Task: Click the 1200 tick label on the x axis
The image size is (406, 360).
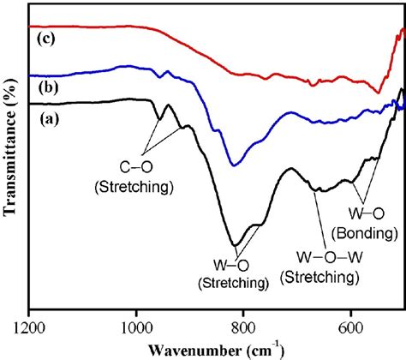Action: (x=29, y=327)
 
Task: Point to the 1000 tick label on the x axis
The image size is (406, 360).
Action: (x=136, y=327)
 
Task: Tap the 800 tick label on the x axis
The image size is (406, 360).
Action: (x=244, y=327)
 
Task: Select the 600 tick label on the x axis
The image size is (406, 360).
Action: (x=351, y=327)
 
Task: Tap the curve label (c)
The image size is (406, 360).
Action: (x=47, y=38)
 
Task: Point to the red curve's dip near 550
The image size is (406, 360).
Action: (x=379, y=93)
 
